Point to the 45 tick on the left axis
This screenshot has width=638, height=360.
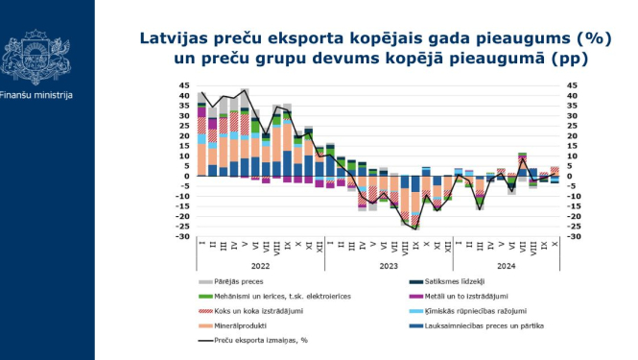(x=184, y=85)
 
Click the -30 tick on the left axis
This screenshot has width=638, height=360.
(x=182, y=237)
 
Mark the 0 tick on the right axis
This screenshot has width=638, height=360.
(x=569, y=177)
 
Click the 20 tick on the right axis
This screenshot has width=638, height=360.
(x=571, y=136)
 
